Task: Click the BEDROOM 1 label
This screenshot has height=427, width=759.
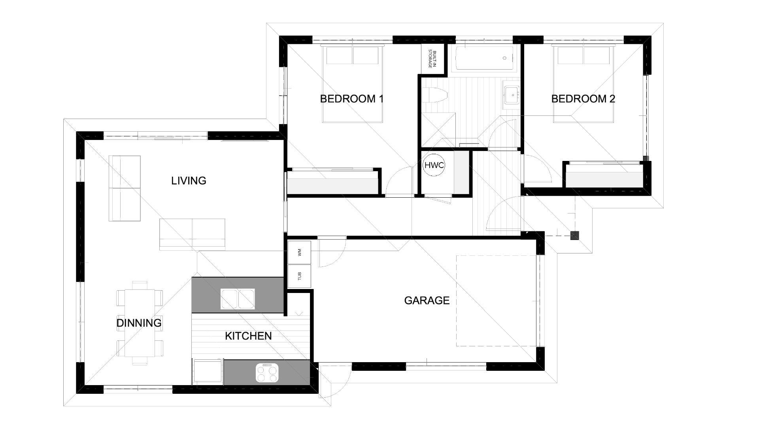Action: pyautogui.click(x=351, y=99)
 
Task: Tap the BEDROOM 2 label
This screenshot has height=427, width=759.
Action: pyautogui.click(x=583, y=99)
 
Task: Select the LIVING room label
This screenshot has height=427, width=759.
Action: pyautogui.click(x=189, y=181)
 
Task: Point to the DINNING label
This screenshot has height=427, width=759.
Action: pyautogui.click(x=139, y=323)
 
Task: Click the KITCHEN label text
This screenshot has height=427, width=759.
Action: pyautogui.click(x=248, y=336)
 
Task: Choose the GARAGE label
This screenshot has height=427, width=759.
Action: pyautogui.click(x=427, y=300)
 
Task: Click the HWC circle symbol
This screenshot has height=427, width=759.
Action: pyautogui.click(x=434, y=165)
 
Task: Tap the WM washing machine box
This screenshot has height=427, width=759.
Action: pyautogui.click(x=299, y=252)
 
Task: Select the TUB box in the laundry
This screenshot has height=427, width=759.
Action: pyautogui.click(x=299, y=276)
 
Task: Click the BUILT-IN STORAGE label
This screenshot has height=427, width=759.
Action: pyautogui.click(x=432, y=59)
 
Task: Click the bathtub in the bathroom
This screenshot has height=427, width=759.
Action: pyautogui.click(x=484, y=59)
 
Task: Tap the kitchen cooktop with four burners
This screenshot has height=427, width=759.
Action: pyautogui.click(x=267, y=373)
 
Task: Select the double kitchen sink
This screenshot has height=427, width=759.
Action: pyautogui.click(x=238, y=299)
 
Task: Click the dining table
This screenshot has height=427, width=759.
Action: pyautogui.click(x=140, y=323)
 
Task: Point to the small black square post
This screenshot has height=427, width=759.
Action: pyautogui.click(x=575, y=236)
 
